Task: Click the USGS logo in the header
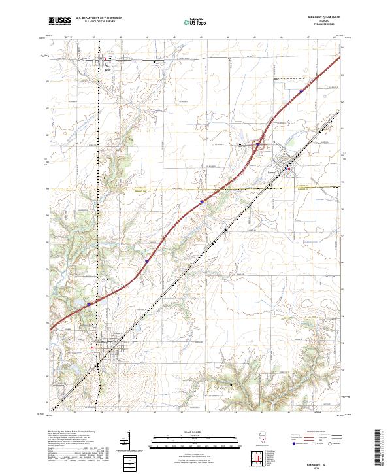pyautogui.click(x=59, y=22)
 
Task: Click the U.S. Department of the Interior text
pyautogui.click(x=99, y=18)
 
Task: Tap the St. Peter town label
pyautogui.click(x=107, y=67)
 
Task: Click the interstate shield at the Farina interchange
pyautogui.click(x=259, y=144)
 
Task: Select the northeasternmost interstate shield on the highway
pyautogui.click(x=301, y=92)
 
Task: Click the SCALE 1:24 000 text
pyautogui.click(x=195, y=432)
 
